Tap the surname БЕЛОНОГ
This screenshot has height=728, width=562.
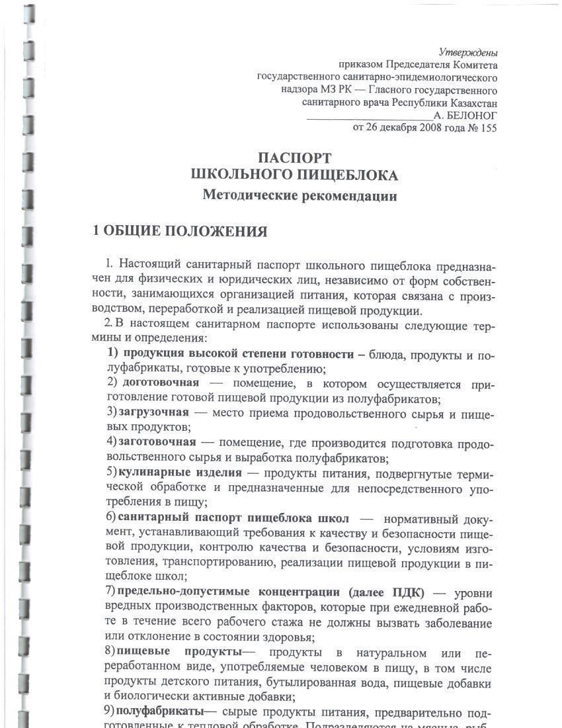coord(471,115)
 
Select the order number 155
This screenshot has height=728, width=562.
coord(487,128)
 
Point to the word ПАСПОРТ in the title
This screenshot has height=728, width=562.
coord(294,158)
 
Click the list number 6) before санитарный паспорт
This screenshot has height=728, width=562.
coord(111,518)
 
